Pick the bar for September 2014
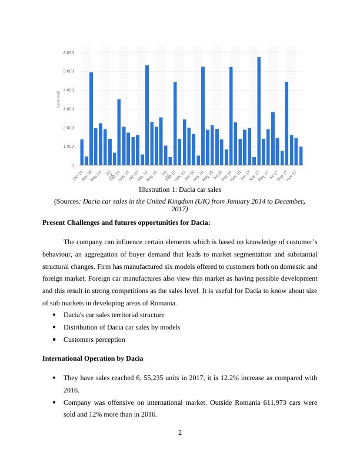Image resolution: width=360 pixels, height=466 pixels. tap(119, 132)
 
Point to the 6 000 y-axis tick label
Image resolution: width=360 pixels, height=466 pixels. tap(68, 53)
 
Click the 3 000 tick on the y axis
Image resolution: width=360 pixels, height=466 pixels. tap(68, 109)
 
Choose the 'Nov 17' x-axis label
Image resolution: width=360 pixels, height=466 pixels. tap(291, 175)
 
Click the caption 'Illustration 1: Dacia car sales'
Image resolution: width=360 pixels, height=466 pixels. tap(179, 189)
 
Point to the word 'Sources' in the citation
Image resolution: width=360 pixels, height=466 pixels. tap(67, 201)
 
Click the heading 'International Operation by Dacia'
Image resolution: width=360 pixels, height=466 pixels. tap(93, 358)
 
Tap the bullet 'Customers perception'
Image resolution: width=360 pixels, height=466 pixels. tap(94, 339)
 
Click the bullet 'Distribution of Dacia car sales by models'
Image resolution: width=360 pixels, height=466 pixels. tap(122, 327)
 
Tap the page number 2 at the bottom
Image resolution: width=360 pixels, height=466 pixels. tap(180, 434)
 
